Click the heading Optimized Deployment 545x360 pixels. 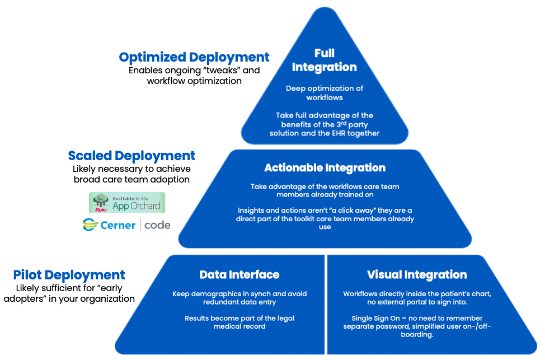[194, 57]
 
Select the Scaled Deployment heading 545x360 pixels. [131, 156]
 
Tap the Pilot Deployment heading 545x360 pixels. [69, 275]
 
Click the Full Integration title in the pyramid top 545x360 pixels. [324, 60]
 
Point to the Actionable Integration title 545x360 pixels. [325, 168]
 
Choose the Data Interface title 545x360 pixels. [239, 275]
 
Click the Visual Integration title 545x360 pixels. [417, 275]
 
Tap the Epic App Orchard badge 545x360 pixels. [128, 202]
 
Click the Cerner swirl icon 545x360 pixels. [91, 225]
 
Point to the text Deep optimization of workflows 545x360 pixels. [325, 92]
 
